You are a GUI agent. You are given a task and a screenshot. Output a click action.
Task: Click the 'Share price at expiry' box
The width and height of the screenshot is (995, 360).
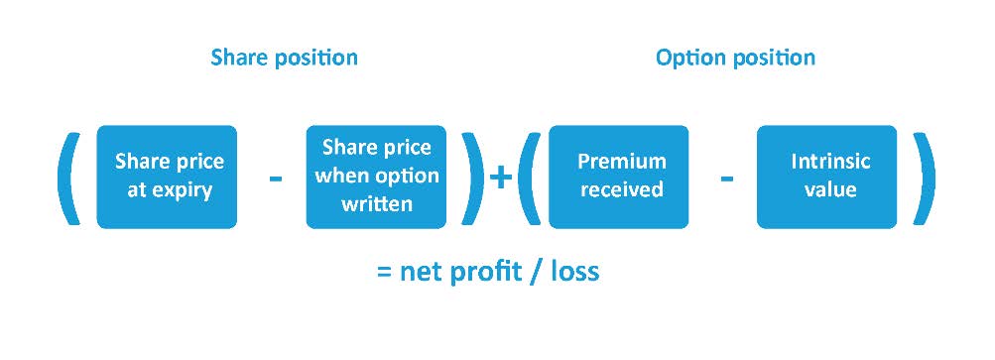167,177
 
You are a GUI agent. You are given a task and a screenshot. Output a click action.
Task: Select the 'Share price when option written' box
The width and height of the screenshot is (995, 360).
376,177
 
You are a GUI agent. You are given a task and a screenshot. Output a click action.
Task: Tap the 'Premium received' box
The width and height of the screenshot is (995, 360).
619,177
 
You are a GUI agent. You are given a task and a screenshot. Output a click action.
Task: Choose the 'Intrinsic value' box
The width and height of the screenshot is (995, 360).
826,177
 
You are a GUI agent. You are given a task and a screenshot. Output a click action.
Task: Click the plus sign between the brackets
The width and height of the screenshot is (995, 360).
501,178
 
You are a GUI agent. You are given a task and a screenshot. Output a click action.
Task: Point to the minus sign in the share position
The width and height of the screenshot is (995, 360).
276,179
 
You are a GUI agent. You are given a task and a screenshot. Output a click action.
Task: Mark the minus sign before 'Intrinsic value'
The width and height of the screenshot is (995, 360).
727,179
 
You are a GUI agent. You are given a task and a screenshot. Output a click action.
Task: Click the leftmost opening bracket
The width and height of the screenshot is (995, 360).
69,178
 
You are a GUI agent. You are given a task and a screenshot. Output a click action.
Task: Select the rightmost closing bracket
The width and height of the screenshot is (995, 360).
924,178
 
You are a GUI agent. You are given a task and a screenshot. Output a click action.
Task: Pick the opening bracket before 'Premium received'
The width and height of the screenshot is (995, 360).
529,178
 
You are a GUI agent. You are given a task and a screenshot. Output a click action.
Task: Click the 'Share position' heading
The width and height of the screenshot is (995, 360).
285,58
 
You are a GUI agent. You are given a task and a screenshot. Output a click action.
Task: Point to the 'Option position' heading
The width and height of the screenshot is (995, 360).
735,58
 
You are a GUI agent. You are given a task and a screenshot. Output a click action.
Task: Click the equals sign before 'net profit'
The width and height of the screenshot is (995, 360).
385,273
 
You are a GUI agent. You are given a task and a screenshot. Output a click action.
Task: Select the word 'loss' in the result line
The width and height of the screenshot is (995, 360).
574,272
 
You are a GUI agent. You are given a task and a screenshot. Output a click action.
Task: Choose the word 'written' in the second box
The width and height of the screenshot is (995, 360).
377,203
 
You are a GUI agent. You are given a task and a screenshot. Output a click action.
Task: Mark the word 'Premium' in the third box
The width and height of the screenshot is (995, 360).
622,162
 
